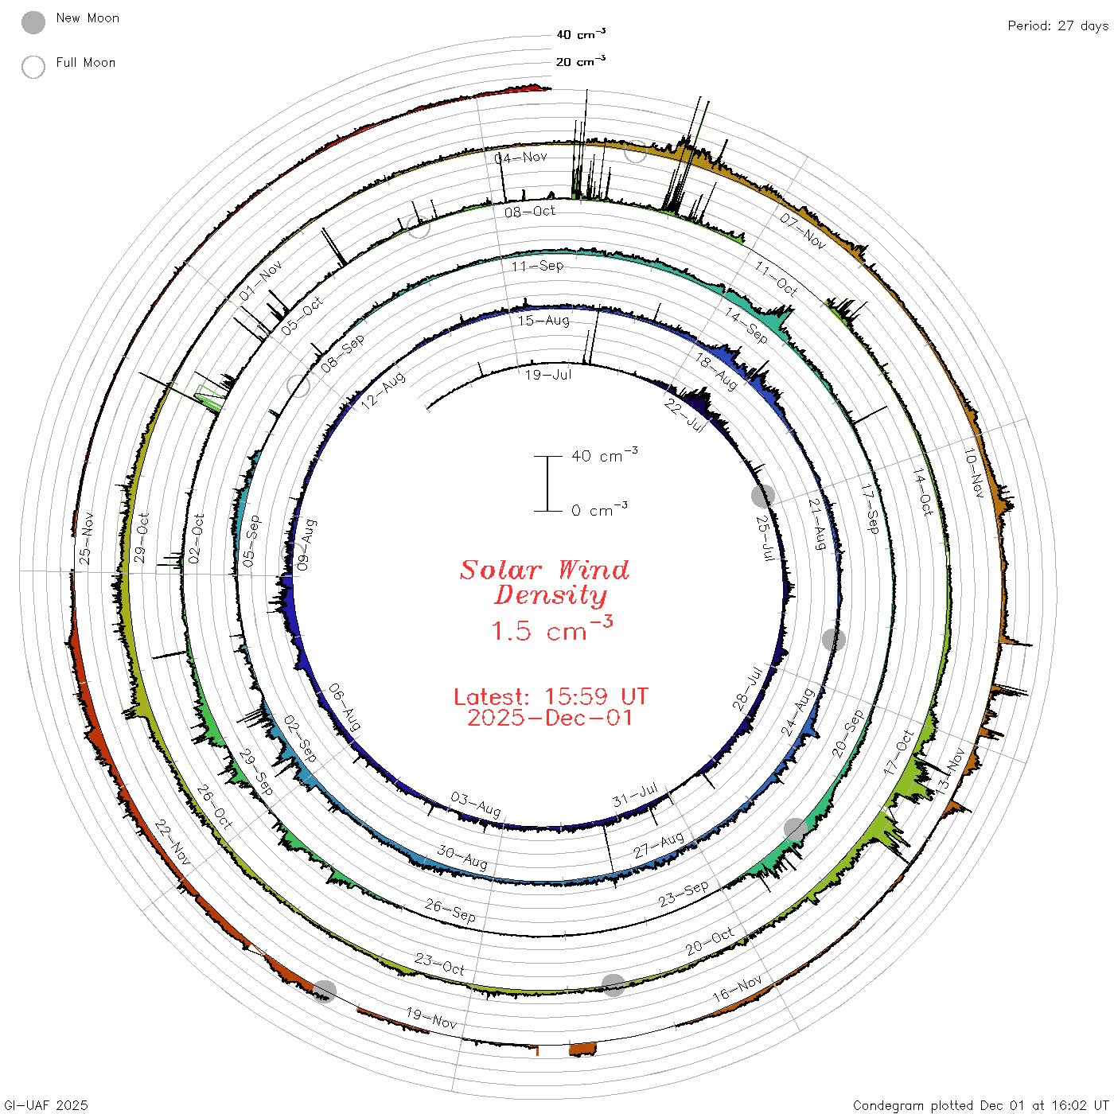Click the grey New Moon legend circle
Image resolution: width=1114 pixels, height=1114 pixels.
[x=33, y=22]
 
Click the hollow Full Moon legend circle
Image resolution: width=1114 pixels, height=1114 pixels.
[x=33, y=67]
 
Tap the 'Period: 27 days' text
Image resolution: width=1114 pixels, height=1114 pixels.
[x=1058, y=26]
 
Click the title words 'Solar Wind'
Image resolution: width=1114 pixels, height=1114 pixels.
[x=544, y=570]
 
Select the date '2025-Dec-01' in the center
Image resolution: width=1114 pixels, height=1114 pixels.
[x=550, y=718]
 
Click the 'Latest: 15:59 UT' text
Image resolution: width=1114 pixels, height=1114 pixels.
[x=551, y=696]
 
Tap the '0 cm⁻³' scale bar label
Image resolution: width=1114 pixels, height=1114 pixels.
[x=599, y=509]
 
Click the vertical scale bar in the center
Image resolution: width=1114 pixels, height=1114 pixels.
[x=547, y=484]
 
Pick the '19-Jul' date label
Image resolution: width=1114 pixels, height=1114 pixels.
[x=548, y=375]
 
